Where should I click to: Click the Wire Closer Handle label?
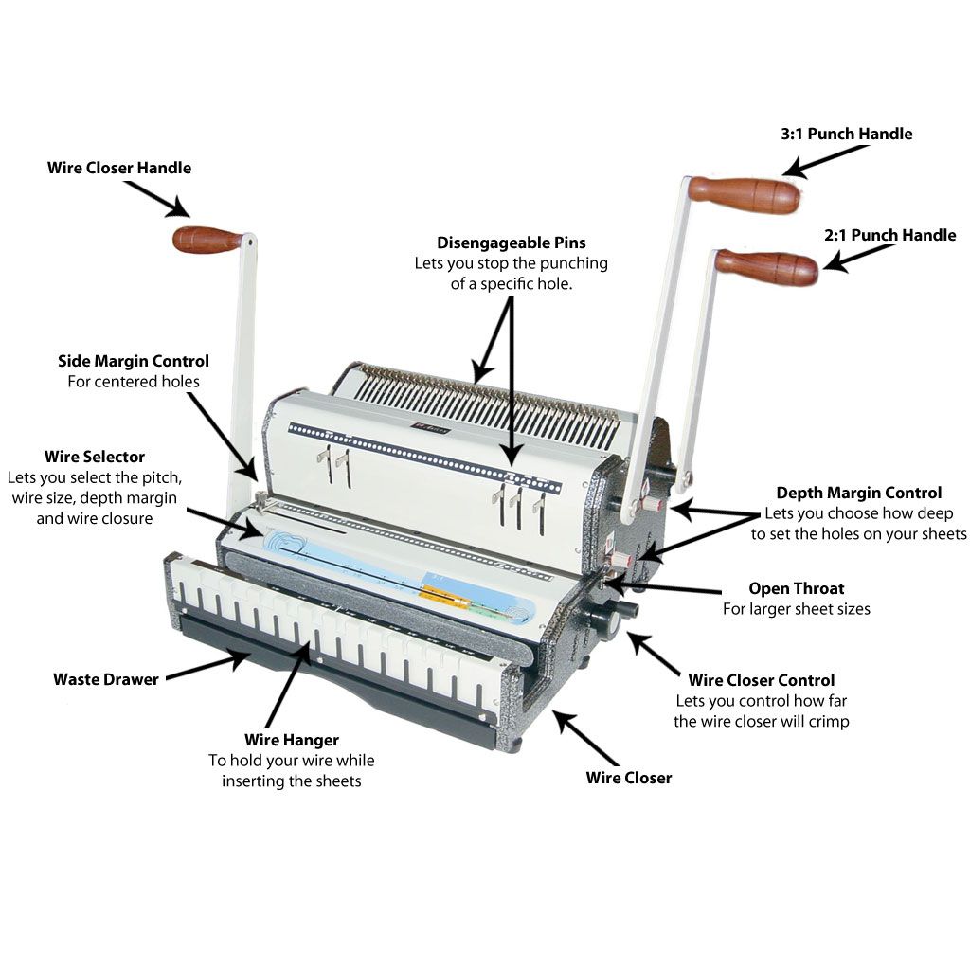click(119, 168)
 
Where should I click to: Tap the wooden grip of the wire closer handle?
click(207, 240)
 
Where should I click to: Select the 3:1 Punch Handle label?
click(846, 134)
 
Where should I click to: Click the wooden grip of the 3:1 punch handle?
click(744, 194)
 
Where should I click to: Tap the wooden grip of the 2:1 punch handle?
click(766, 266)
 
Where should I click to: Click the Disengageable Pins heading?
click(511, 243)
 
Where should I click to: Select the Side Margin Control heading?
click(134, 361)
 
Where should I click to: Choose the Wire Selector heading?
click(95, 457)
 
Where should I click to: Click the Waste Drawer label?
click(106, 678)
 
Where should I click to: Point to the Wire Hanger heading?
click(292, 740)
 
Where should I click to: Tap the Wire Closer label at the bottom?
click(628, 778)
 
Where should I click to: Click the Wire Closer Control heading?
click(761, 680)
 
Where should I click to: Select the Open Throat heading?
click(796, 588)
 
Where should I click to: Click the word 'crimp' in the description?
click(829, 721)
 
